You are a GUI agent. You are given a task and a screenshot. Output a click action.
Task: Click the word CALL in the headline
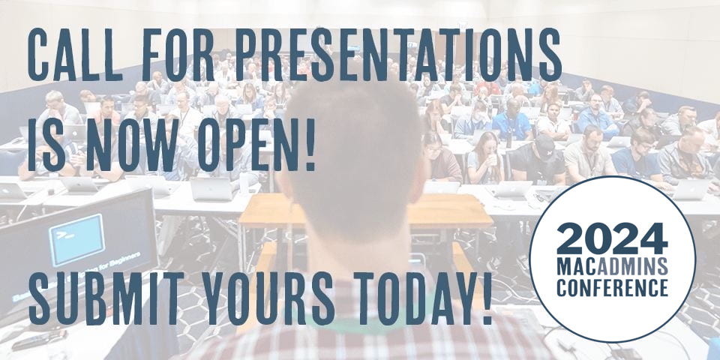pyautogui.click(x=74, y=55)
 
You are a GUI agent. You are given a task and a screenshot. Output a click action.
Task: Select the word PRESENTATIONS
pyautogui.click(x=398, y=55)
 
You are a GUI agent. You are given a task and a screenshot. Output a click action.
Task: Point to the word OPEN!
pyautogui.click(x=257, y=145)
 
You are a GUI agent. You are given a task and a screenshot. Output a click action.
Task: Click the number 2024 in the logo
pyautogui.click(x=612, y=238)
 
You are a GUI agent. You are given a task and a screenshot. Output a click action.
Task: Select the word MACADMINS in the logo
pyautogui.click(x=612, y=265)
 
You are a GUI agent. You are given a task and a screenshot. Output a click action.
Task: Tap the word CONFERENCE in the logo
pyautogui.click(x=612, y=287)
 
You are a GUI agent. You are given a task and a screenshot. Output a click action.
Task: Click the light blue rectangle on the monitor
pyautogui.click(x=76, y=239)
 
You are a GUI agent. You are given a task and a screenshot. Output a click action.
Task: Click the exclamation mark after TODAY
pyautogui.click(x=487, y=298)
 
